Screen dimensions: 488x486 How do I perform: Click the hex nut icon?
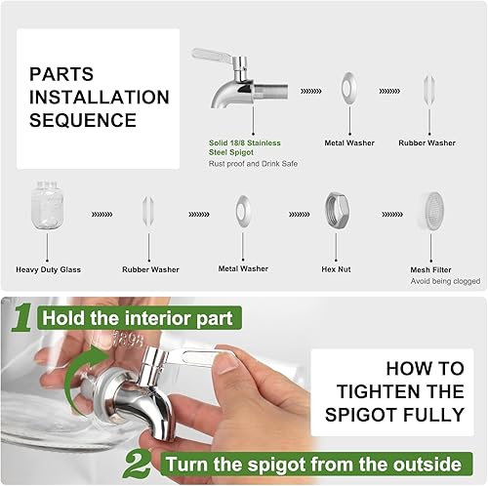pos(337,210)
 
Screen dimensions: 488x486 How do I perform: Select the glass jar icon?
pos(48,205)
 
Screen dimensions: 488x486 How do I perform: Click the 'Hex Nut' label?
pos(336,269)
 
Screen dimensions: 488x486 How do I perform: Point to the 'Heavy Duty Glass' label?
pos(48,269)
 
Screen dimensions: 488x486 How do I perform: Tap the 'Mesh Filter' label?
pos(430,269)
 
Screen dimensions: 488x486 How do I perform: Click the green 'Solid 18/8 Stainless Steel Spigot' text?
pos(244,147)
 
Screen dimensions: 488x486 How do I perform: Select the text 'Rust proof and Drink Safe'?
pos(253,164)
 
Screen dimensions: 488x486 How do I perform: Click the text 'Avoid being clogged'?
pos(445,281)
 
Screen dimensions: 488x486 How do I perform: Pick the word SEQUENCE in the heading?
pos(83,120)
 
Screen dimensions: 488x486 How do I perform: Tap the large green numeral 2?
pos(138,464)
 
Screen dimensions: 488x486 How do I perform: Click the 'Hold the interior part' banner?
pos(140,318)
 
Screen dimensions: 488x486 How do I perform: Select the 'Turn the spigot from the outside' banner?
pos(315,464)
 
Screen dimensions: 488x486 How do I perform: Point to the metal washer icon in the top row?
pos(349,88)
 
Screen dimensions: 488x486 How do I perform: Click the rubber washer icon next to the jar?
pos(148,212)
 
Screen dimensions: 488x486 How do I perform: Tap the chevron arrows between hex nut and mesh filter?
pos(392,215)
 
